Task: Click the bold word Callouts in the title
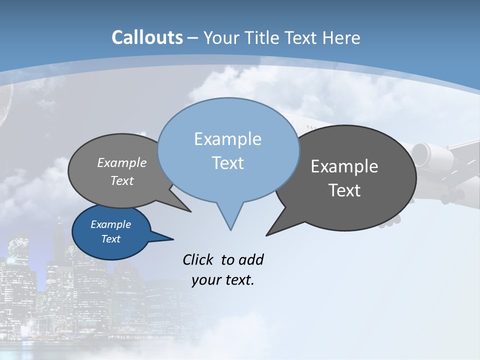coord(147,37)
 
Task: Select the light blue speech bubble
coord(228,150)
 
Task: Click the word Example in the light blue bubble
coord(228,139)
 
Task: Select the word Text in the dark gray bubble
coord(344,190)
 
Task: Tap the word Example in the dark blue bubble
coord(111,224)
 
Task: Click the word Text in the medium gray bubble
coord(122,180)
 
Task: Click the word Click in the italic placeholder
coord(198,259)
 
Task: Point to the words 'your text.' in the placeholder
coord(223,280)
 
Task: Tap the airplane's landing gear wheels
coord(452,196)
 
